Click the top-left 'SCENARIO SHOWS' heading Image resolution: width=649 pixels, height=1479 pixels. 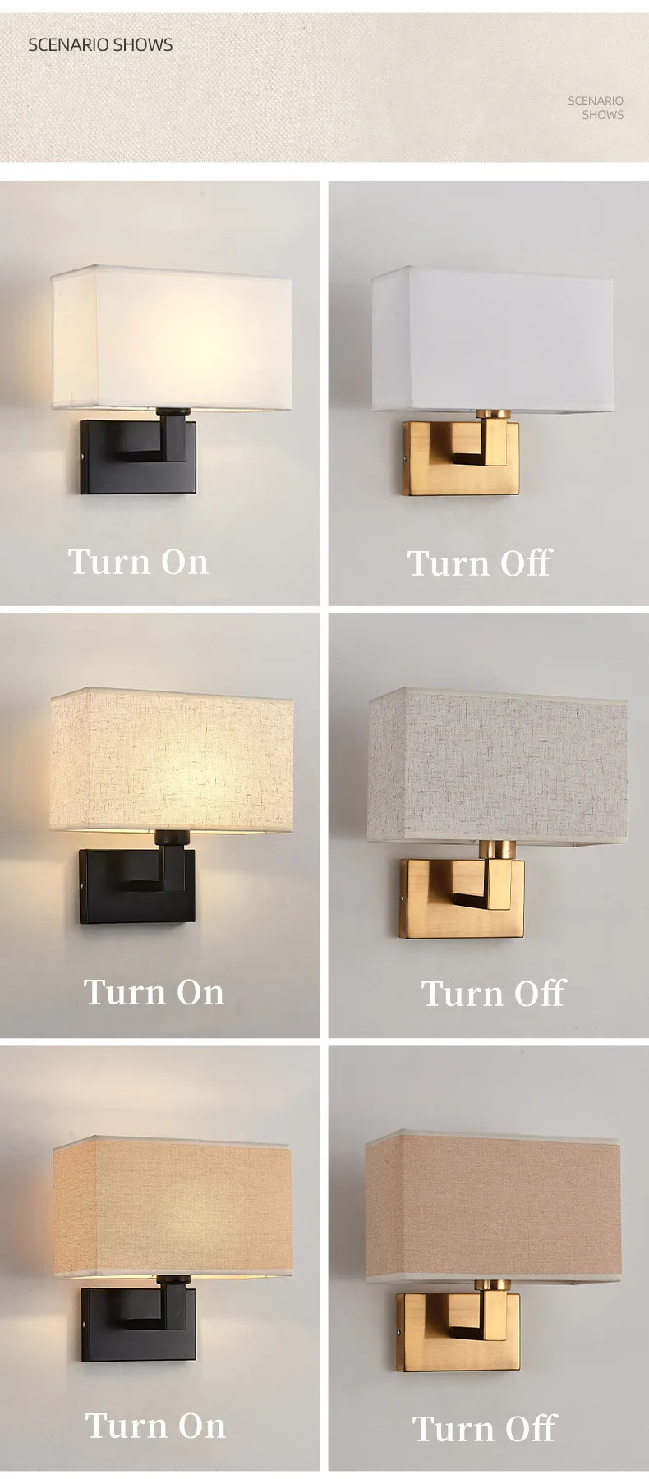click(100, 44)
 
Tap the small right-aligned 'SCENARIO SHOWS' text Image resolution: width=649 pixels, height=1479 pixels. click(596, 108)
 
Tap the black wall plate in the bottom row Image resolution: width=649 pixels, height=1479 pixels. click(139, 1325)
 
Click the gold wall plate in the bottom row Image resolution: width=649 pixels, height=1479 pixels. click(458, 1334)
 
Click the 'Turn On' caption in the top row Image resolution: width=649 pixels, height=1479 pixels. click(138, 562)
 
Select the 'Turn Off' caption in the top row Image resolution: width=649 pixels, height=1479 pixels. click(479, 563)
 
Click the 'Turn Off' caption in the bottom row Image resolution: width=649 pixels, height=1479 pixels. click(484, 1428)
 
